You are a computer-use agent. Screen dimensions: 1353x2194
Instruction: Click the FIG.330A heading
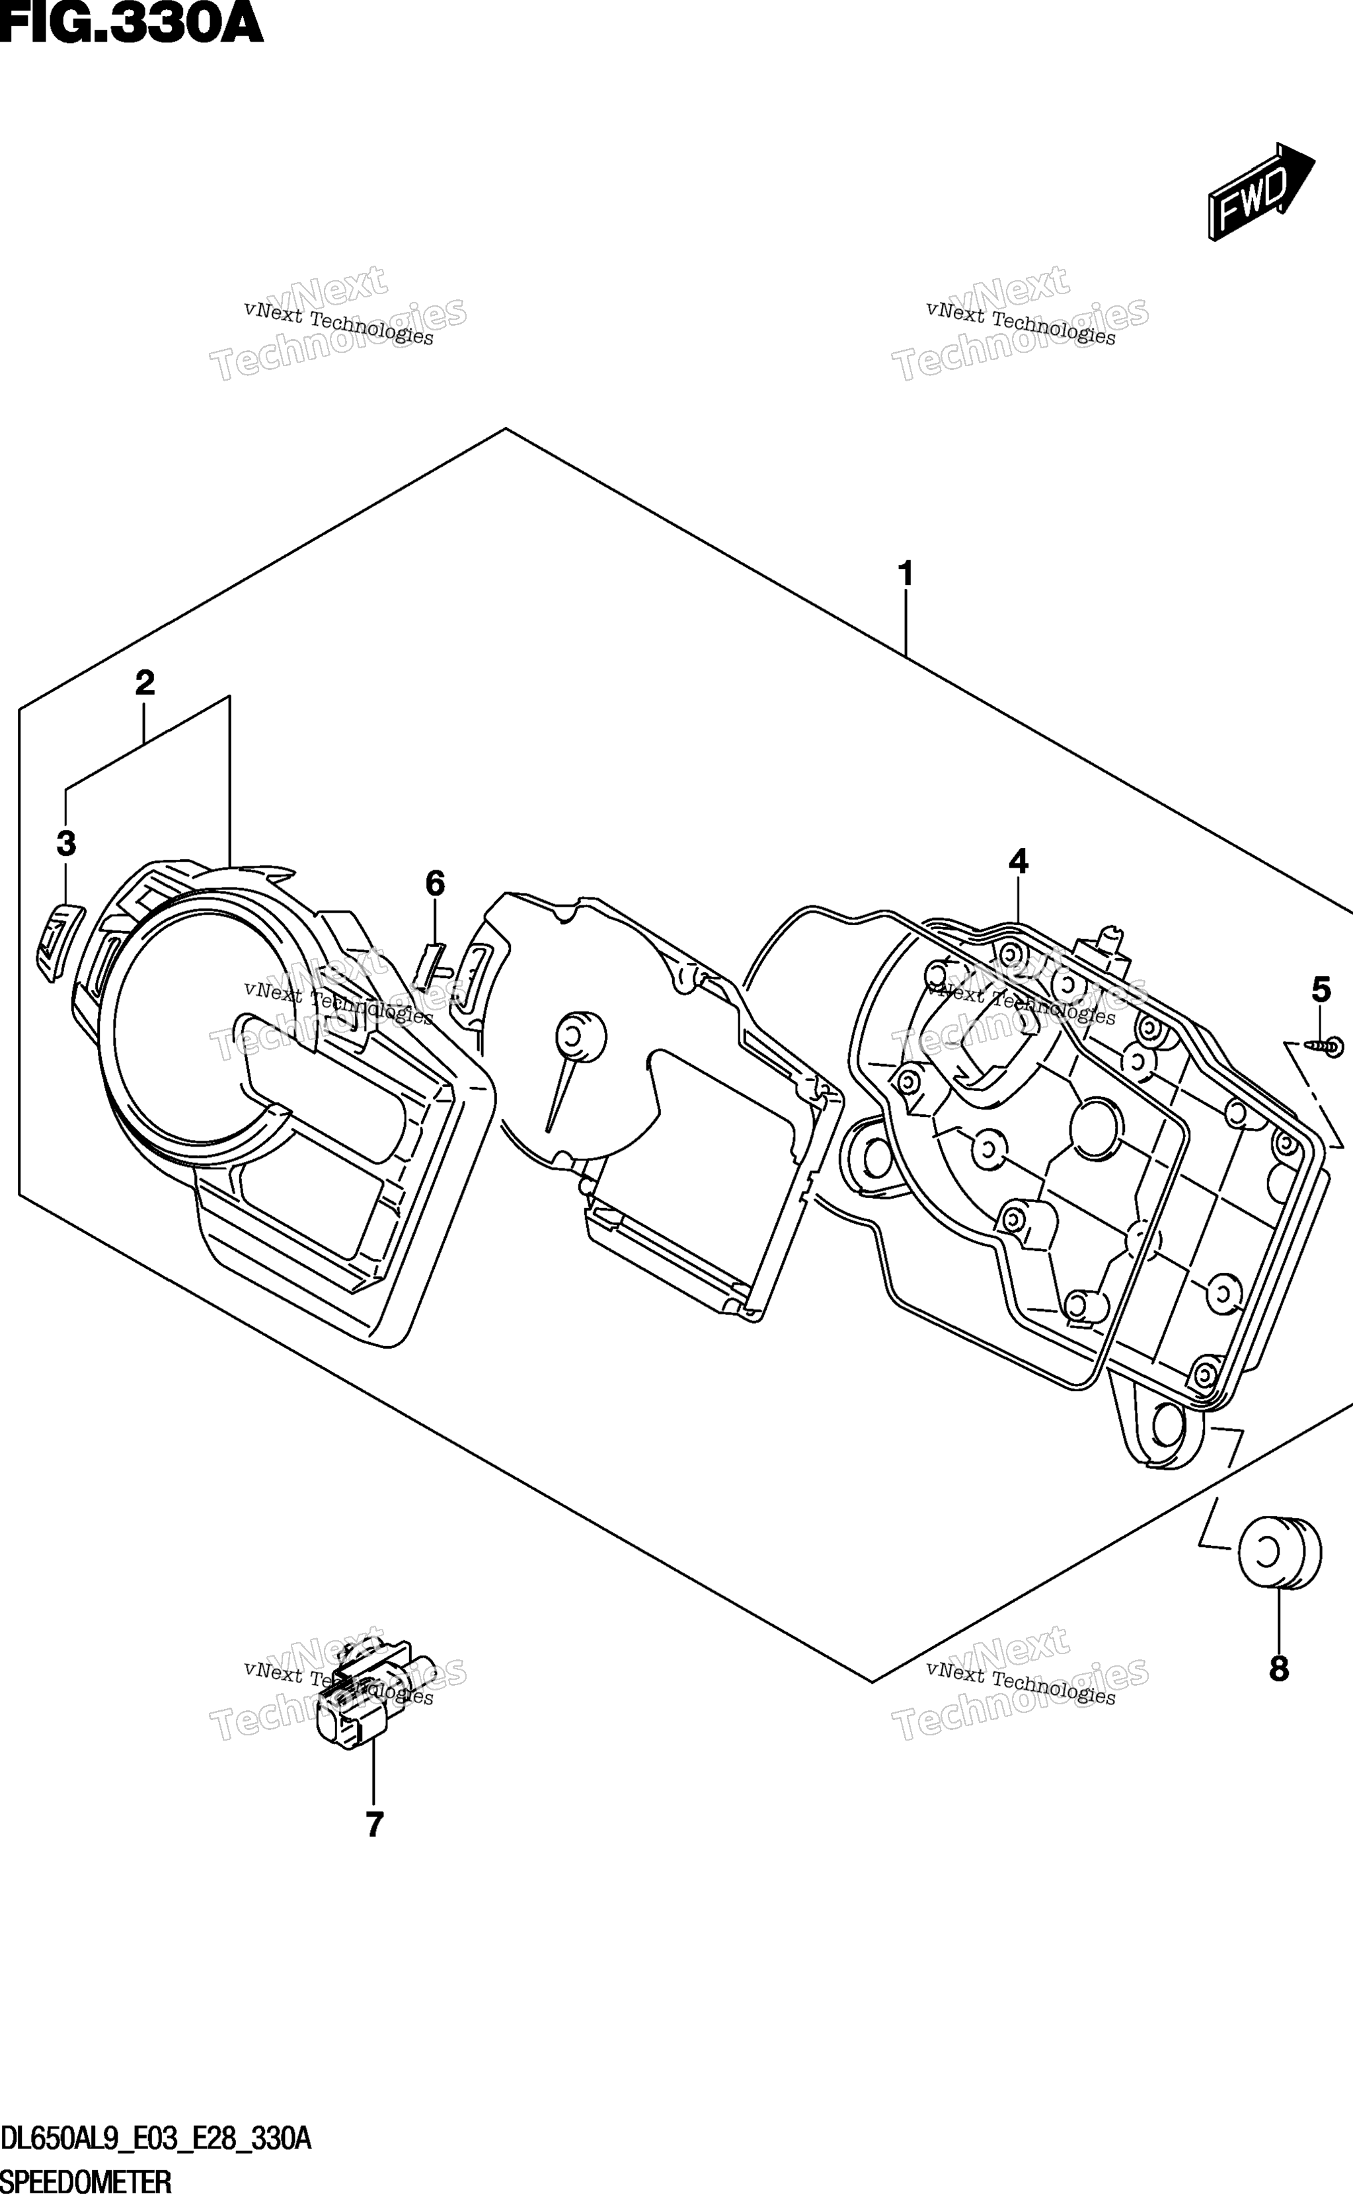click(132, 23)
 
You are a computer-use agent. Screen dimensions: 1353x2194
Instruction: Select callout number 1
click(906, 574)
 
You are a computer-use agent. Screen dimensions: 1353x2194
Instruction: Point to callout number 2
click(144, 683)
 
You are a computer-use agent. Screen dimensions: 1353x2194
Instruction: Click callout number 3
click(66, 843)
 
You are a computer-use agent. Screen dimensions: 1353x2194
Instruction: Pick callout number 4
click(1019, 861)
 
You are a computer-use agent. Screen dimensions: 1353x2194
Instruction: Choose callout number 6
click(435, 884)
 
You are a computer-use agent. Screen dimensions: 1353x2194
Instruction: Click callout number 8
click(1279, 1669)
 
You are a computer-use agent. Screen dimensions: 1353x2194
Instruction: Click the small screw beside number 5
click(1325, 1045)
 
